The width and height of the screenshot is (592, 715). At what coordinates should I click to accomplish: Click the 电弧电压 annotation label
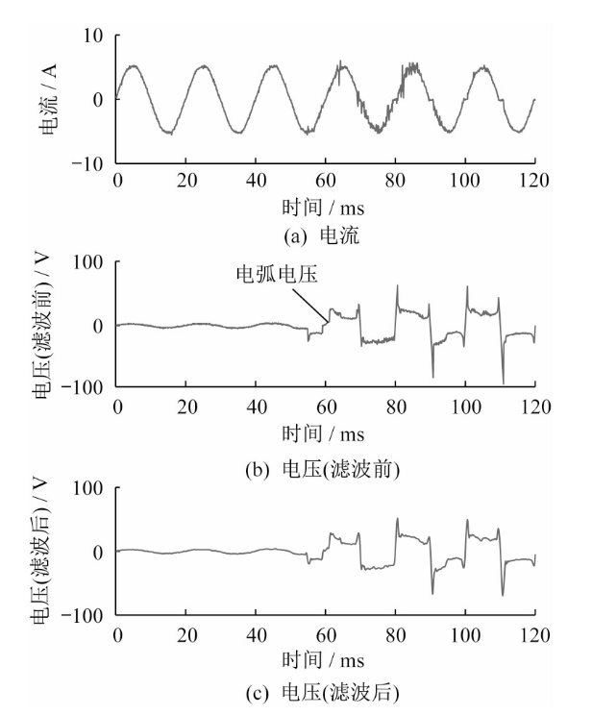coord(278,275)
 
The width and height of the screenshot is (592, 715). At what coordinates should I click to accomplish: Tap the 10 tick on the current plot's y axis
coord(93,37)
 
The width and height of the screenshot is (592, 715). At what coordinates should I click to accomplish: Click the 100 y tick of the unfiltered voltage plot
coord(89,262)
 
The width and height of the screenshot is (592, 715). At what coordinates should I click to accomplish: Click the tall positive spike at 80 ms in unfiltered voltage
coord(395,286)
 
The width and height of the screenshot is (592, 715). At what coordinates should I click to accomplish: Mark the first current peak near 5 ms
coord(134,66)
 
